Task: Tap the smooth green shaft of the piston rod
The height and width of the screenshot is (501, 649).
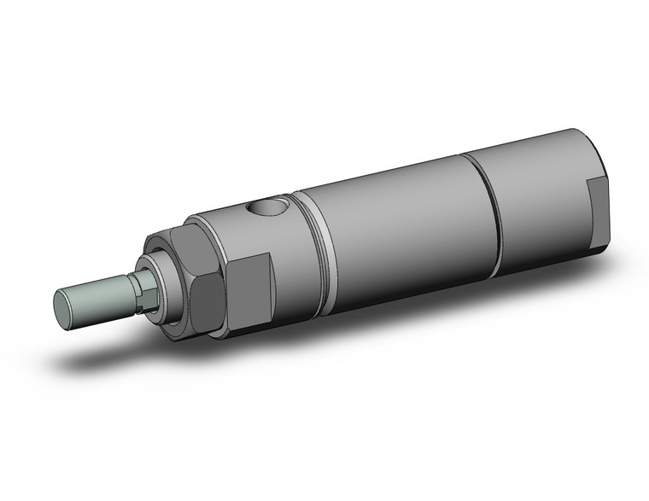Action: point(97,294)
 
